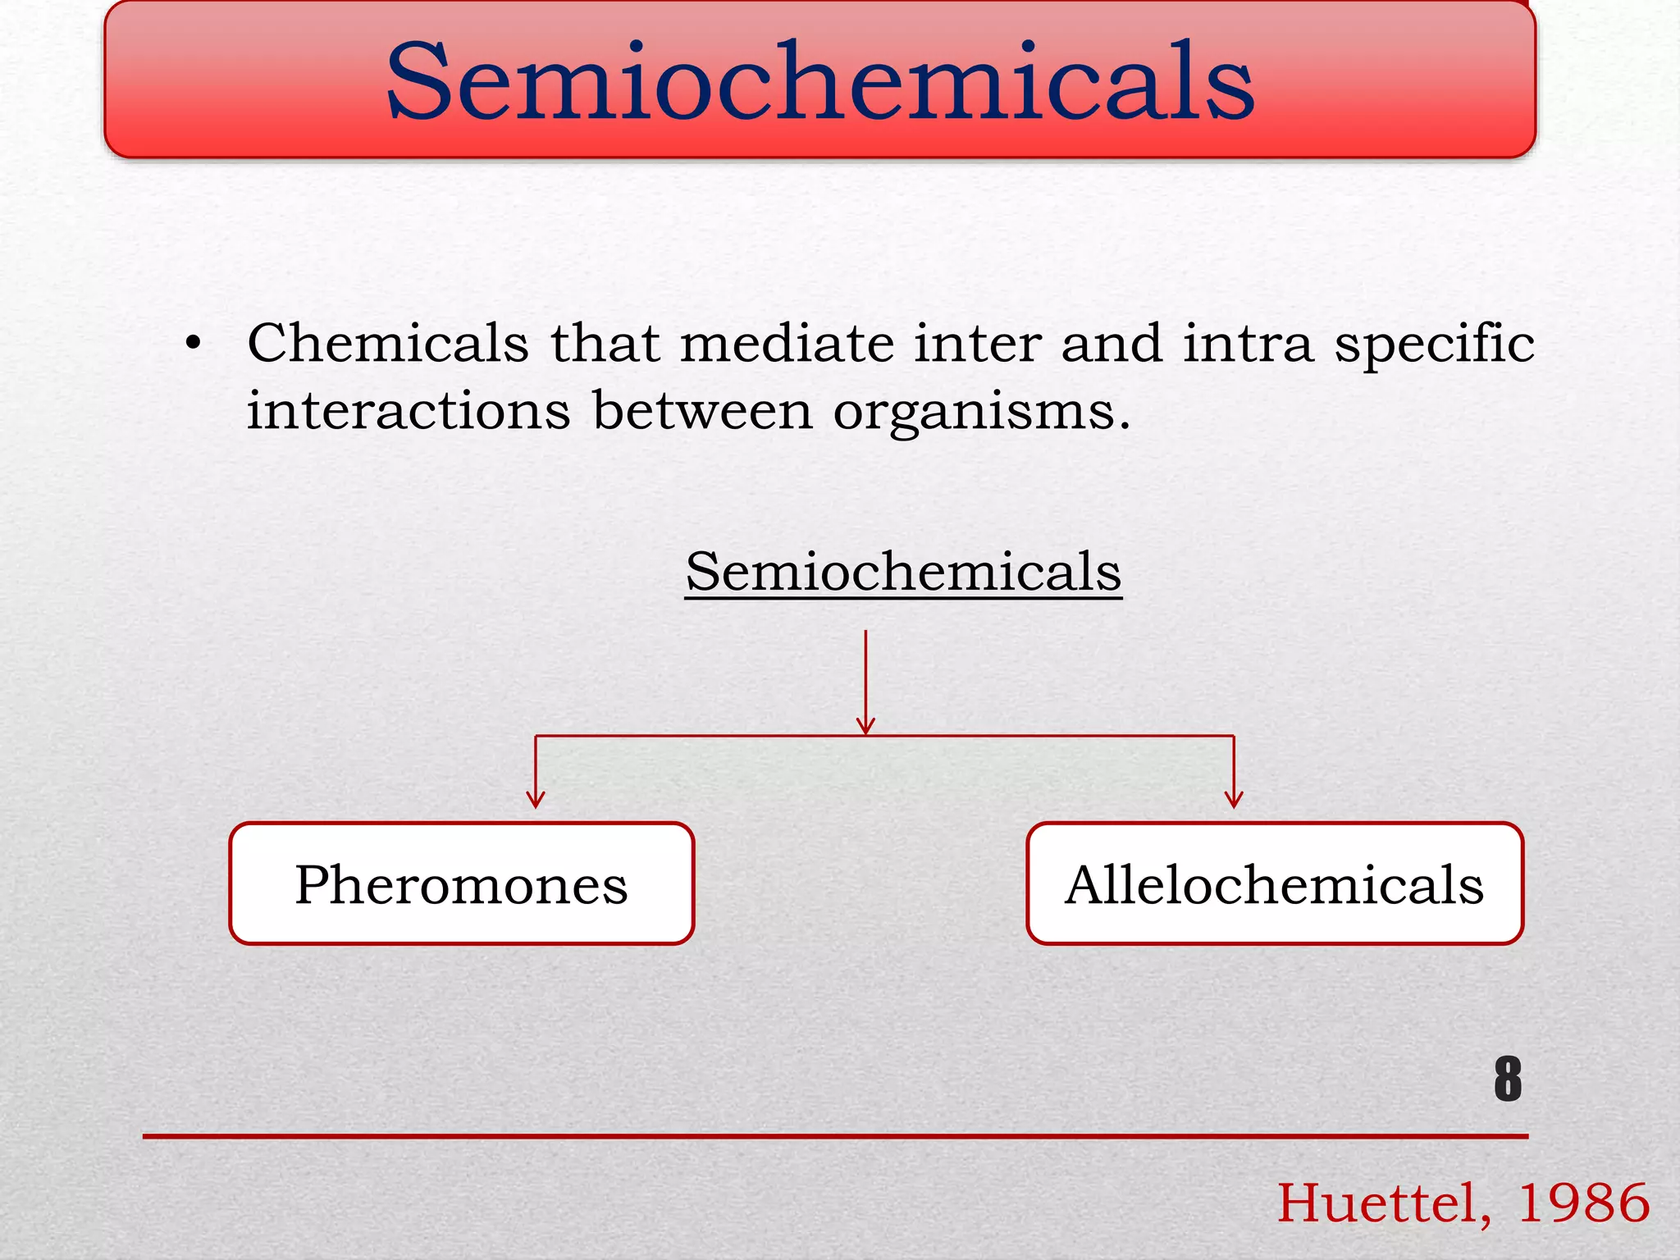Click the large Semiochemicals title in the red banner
tap(820, 82)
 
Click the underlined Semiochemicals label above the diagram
tap(903, 572)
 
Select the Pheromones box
tap(462, 883)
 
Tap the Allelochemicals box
tap(1275, 883)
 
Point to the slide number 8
tap(1508, 1079)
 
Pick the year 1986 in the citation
tap(1583, 1203)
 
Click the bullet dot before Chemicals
tap(193, 344)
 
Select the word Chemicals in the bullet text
tap(388, 342)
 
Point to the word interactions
tap(409, 409)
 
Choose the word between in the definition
tap(702, 409)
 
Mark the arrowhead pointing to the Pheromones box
tap(536, 799)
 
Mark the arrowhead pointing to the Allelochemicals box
tap(1234, 799)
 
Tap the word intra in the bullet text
tap(1248, 342)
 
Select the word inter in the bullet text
tap(978, 342)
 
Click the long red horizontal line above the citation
tap(835, 1136)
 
